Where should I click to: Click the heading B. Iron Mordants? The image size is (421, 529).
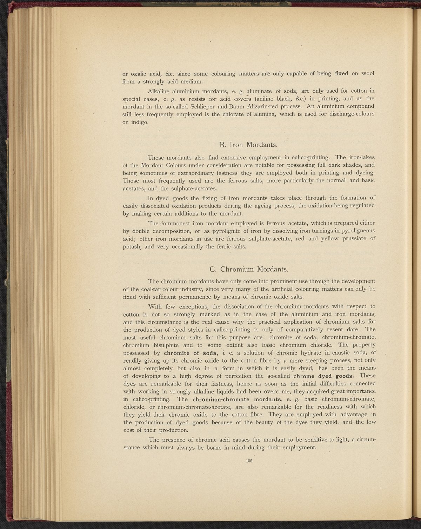(x=248, y=145)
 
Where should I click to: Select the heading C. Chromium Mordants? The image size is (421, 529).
(x=249, y=269)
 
